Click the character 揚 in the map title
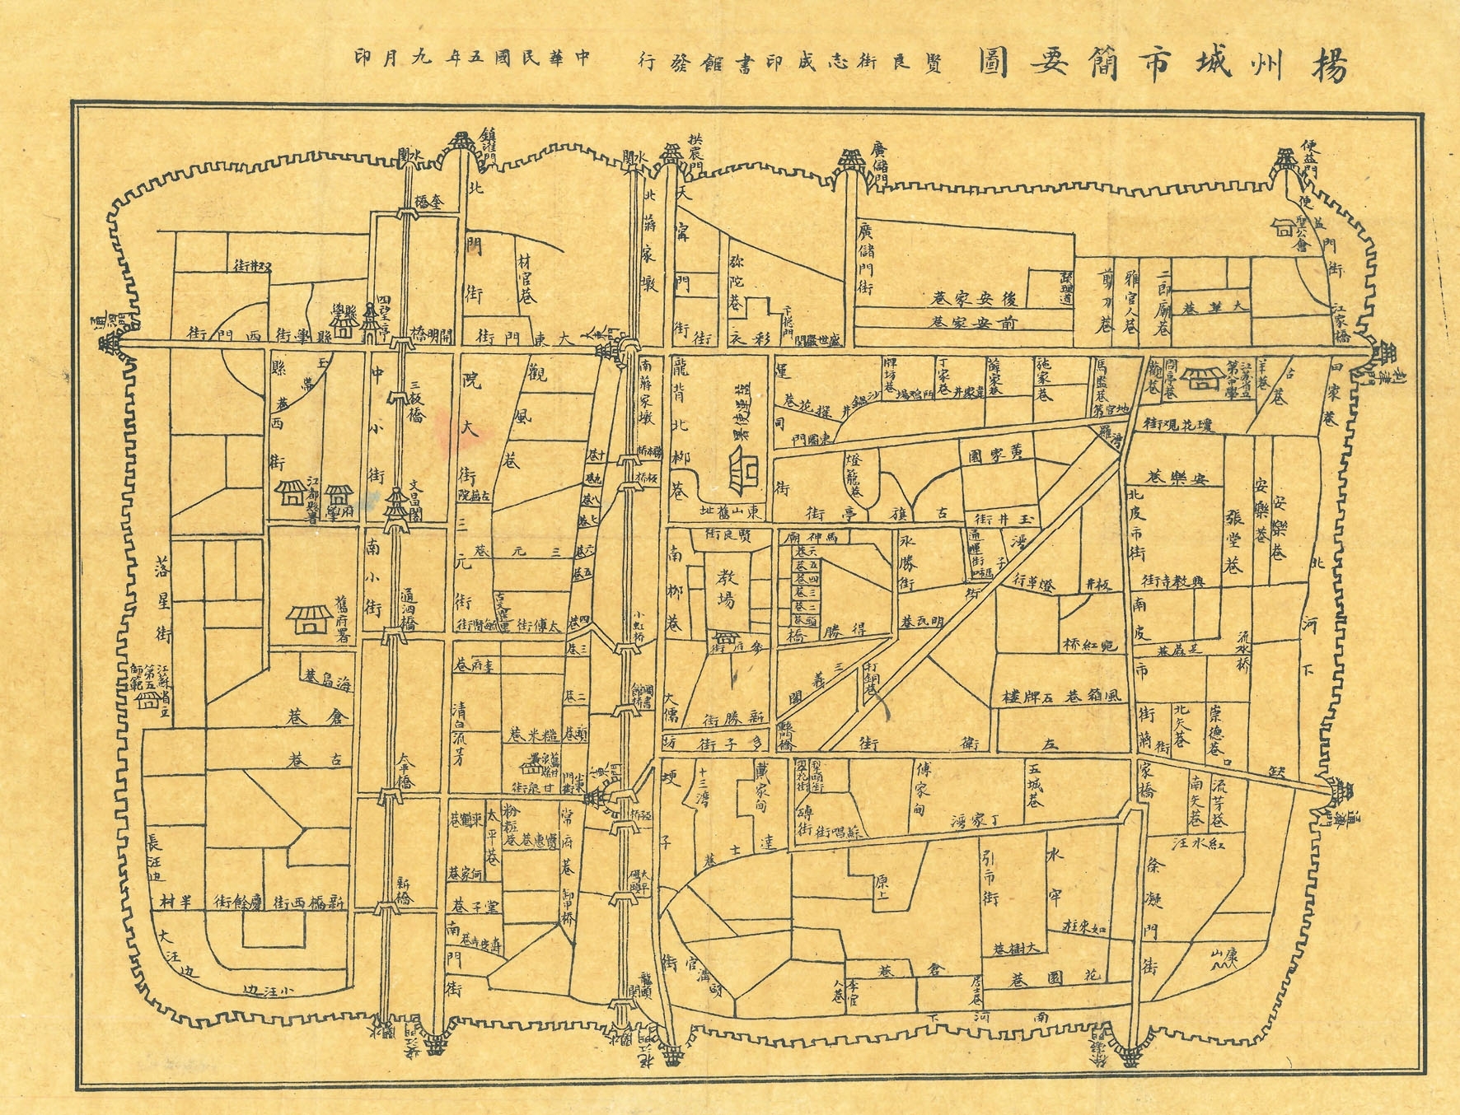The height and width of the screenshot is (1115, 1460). pos(1328,64)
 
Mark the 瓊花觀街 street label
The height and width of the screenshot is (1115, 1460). pos(1184,424)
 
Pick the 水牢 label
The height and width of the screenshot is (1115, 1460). pos(1055,874)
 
